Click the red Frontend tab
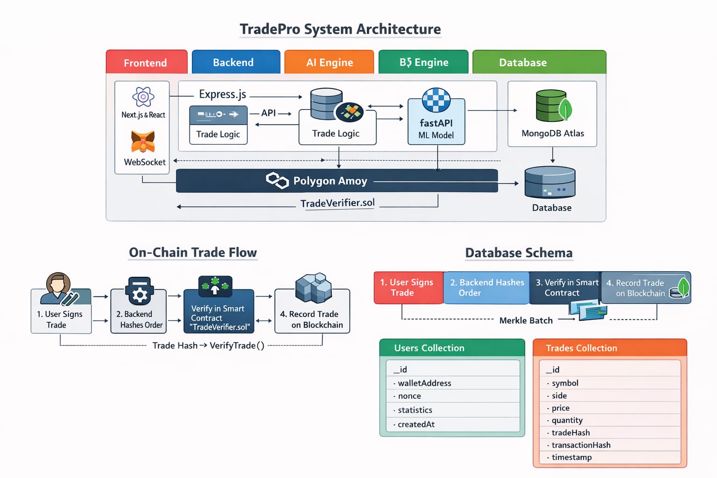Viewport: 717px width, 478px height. point(146,63)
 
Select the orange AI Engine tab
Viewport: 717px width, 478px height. point(329,63)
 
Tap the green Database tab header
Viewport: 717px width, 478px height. point(539,63)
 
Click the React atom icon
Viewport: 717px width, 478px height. point(143,97)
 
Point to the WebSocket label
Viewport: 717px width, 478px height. point(145,162)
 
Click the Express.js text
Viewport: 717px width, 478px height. point(222,94)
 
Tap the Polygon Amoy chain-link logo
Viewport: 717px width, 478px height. point(277,181)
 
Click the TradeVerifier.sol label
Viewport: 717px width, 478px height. point(337,203)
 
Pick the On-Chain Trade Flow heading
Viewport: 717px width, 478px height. point(193,253)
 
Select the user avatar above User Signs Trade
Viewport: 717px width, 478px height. point(59,288)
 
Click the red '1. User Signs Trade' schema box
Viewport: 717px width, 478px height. point(408,288)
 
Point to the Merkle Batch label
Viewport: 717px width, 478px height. point(526,320)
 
